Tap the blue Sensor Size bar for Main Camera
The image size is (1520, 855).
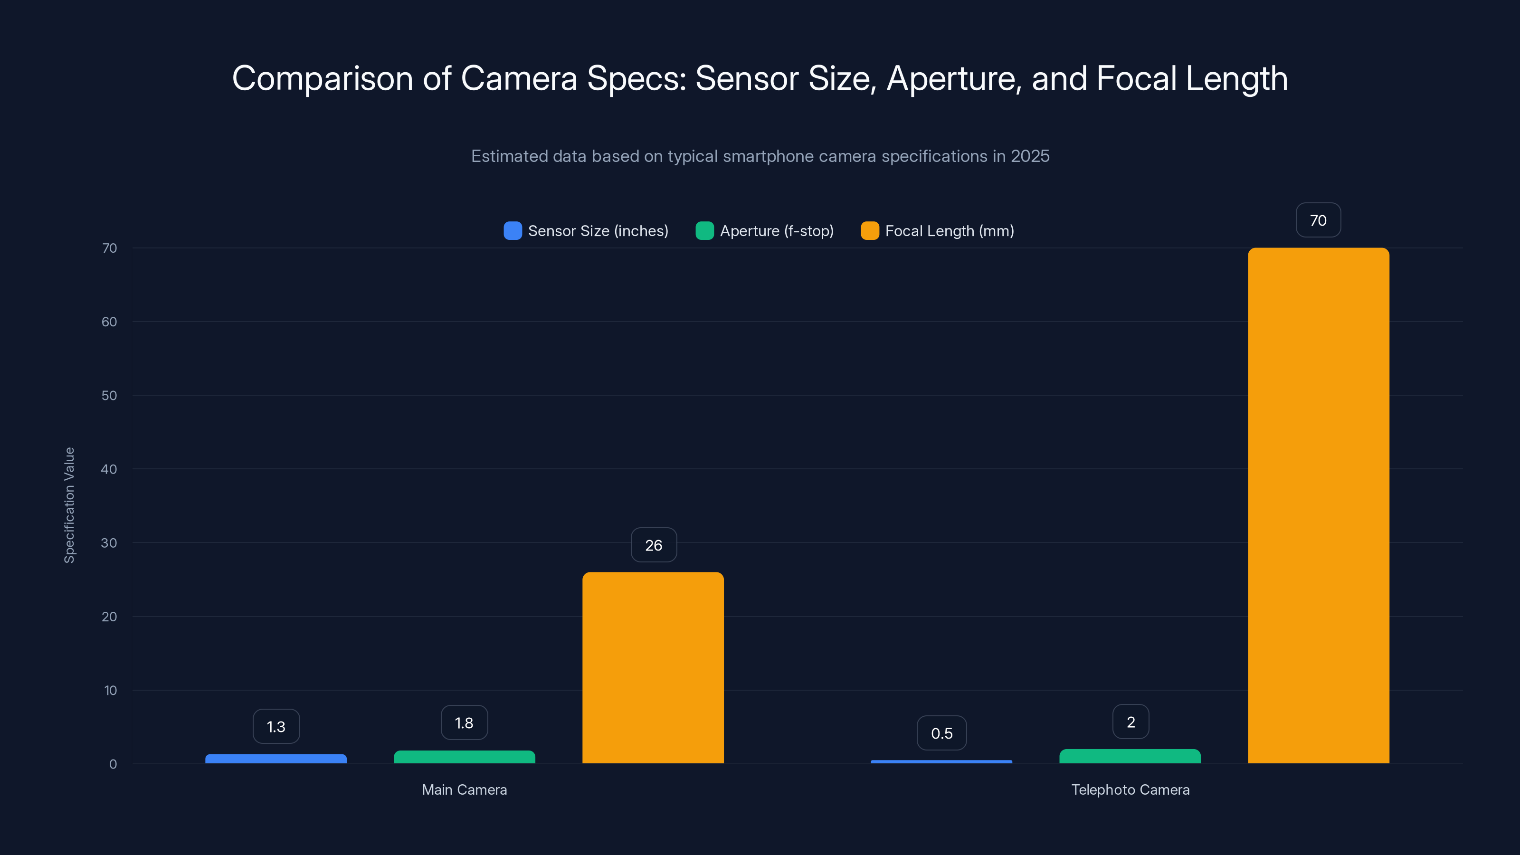point(275,759)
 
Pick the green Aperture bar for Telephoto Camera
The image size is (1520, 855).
point(1130,757)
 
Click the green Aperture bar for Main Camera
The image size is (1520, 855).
point(465,757)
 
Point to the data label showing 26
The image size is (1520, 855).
point(653,545)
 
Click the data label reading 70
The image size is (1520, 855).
point(1318,220)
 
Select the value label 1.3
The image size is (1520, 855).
point(275,726)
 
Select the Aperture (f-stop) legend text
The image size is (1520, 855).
point(777,231)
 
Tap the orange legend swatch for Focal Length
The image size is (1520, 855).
point(869,231)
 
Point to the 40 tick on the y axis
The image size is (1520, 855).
point(109,469)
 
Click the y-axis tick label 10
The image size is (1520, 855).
point(110,690)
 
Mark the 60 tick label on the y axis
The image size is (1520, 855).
point(109,322)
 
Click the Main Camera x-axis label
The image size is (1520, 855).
point(465,789)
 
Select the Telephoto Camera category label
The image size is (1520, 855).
point(1130,789)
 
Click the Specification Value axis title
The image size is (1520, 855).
point(70,505)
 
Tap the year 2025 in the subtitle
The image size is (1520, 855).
point(1030,156)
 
